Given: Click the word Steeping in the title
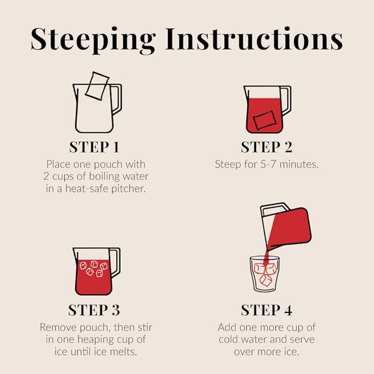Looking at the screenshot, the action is (93, 40).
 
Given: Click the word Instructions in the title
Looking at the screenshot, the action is (254, 39).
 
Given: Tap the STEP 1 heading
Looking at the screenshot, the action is (94, 147).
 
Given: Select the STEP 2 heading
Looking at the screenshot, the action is (267, 147).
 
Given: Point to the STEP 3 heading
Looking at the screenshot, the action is (94, 310).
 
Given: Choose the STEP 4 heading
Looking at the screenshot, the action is (267, 310).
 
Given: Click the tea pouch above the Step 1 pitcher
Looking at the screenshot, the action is (97, 86).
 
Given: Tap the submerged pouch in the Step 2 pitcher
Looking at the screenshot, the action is (264, 120).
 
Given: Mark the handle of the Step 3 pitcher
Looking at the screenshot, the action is (116, 262).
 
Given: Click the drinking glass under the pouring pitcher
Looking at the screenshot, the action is (264, 274).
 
